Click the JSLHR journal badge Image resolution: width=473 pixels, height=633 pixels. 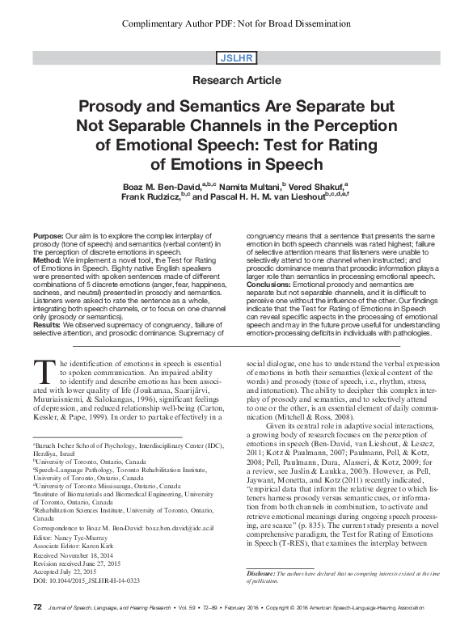coord(237,58)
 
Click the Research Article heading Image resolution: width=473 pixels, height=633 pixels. coord(237,80)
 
